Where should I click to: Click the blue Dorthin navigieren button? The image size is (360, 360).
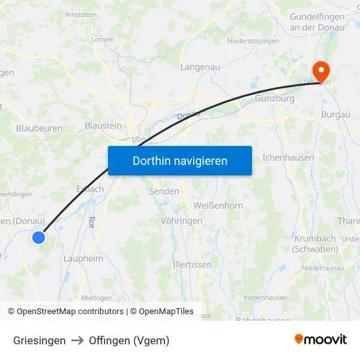click(180, 160)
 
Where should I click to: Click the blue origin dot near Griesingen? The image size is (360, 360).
click(39, 238)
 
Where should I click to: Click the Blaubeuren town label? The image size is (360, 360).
click(39, 129)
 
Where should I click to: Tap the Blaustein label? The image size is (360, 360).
click(103, 125)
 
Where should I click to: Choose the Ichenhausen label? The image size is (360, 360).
click(288, 158)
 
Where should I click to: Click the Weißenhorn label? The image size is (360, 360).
click(218, 206)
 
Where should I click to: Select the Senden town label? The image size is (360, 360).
click(164, 191)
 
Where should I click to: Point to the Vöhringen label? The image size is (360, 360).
click(181, 221)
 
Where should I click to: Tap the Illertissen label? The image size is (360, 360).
click(192, 265)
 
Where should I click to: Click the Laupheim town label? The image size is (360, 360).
click(83, 259)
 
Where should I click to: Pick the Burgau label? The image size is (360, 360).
click(336, 115)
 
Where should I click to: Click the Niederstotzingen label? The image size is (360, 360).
click(253, 41)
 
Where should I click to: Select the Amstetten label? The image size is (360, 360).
click(81, 14)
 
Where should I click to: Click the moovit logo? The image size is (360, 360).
click(321, 340)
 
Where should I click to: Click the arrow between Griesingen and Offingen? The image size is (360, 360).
click(77, 340)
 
